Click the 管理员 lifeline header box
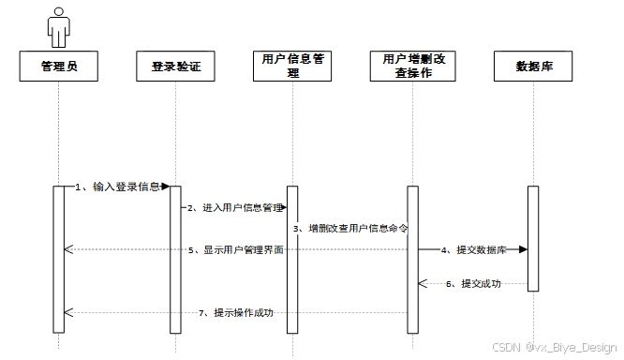(59, 67)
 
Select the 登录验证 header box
(175, 67)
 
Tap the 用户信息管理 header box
(292, 67)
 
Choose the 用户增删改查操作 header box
(412, 67)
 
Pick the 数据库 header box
(533, 67)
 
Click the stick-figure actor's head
(59, 12)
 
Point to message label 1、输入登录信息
(118, 187)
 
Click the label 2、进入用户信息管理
(235, 207)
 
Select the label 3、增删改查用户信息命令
(350, 229)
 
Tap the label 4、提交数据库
(473, 249)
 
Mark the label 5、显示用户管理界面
(235, 249)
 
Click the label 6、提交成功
(473, 283)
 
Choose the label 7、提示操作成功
(236, 312)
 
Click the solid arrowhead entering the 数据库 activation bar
(524, 249)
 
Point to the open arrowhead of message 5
(68, 249)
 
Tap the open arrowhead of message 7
(68, 312)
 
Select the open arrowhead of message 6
(423, 283)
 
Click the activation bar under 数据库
(533, 238)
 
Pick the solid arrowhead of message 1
(166, 187)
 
